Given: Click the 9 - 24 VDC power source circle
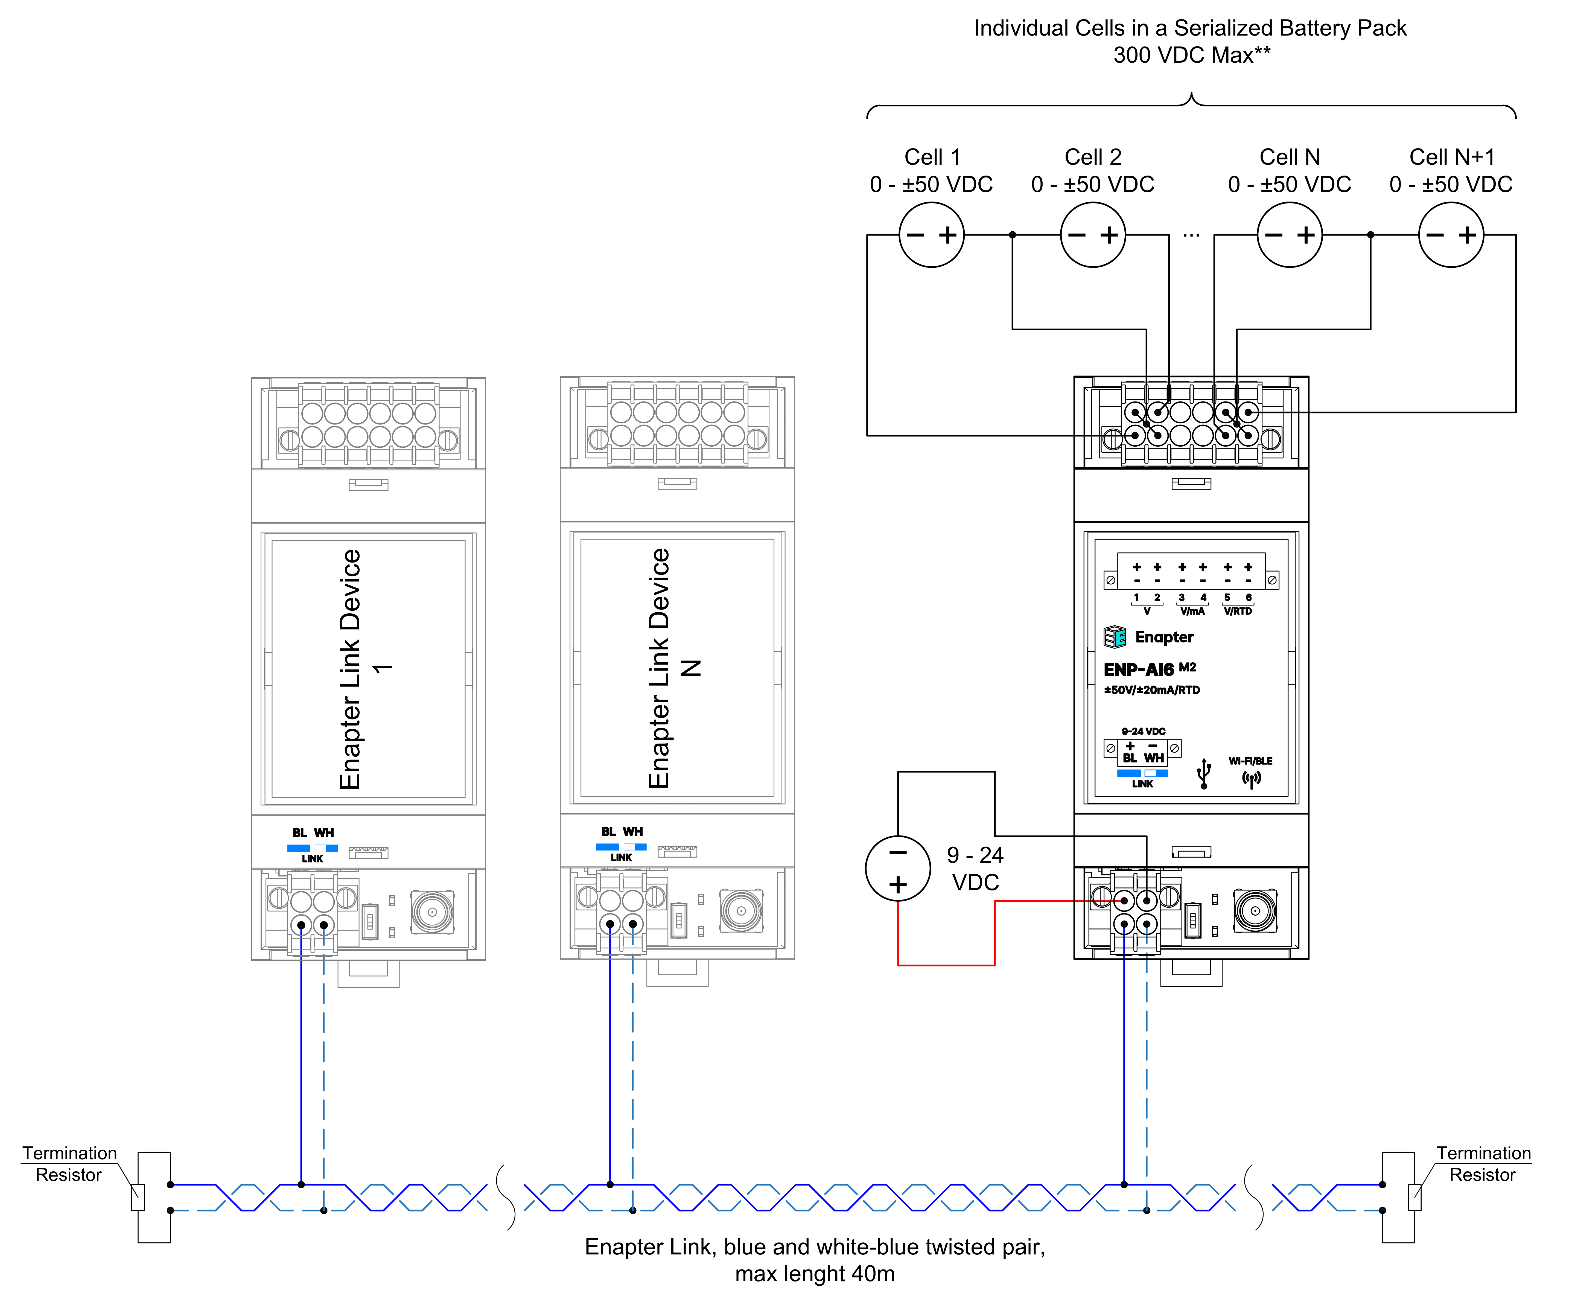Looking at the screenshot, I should pos(897,868).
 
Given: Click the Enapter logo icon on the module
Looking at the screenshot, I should pos(1114,637).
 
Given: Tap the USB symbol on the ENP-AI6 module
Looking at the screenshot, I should pos(1204,774).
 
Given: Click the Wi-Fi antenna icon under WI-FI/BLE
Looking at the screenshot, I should pos(1251,779).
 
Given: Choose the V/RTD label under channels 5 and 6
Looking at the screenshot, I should pos(1238,611).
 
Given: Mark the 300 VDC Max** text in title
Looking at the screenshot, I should pos(1191,55).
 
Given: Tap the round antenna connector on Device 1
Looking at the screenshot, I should pos(432,911).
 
